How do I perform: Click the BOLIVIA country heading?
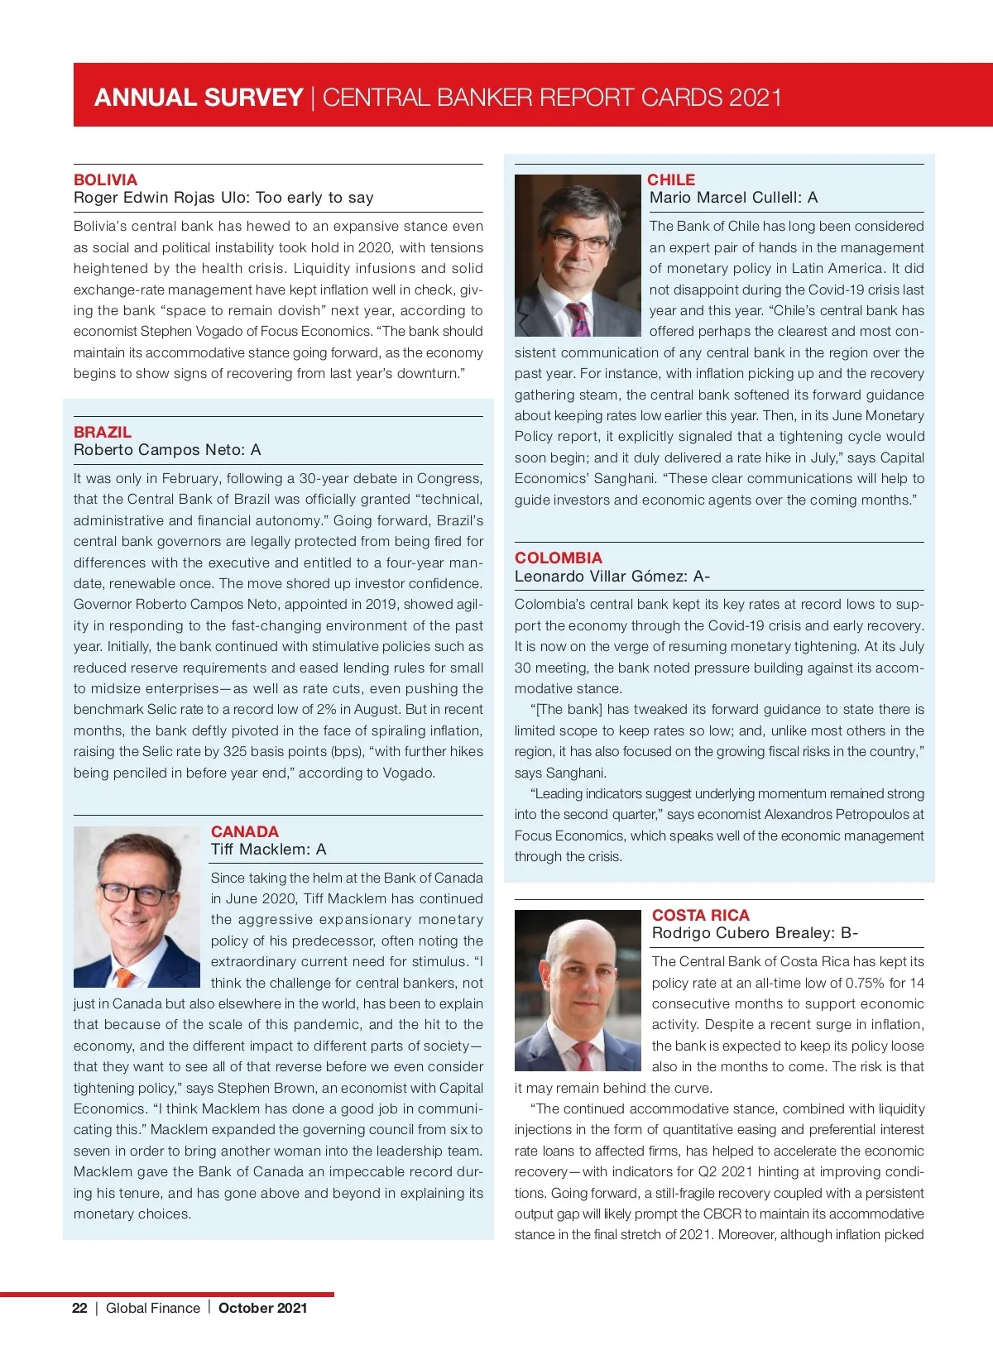[x=105, y=180]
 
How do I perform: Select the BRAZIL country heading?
[x=103, y=432]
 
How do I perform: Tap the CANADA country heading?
[x=245, y=831]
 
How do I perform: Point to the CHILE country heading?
[x=671, y=180]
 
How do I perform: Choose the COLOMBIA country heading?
[x=559, y=558]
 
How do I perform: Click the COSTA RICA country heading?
[x=701, y=915]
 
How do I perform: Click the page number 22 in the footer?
[x=79, y=1308]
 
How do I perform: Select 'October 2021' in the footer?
[x=263, y=1308]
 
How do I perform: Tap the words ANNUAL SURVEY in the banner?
[x=199, y=98]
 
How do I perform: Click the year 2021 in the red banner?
[x=756, y=98]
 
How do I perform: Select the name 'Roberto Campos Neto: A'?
[x=167, y=450]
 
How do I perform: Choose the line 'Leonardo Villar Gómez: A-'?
[x=612, y=577]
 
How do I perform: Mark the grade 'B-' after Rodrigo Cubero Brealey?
[x=849, y=933]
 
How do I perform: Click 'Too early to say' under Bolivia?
[x=314, y=198]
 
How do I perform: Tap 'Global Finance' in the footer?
[x=153, y=1308]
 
